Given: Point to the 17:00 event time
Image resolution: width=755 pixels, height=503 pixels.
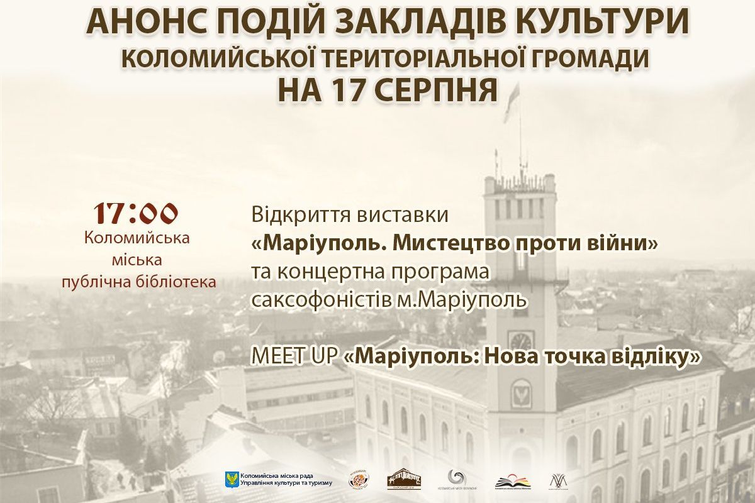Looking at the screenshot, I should click(x=137, y=214).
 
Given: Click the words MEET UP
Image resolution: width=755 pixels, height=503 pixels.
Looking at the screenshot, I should click(x=294, y=357).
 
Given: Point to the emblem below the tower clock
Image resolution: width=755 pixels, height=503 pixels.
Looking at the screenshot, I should click(x=520, y=392).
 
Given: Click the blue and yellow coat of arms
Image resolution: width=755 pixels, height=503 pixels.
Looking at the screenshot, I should click(x=231, y=479).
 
